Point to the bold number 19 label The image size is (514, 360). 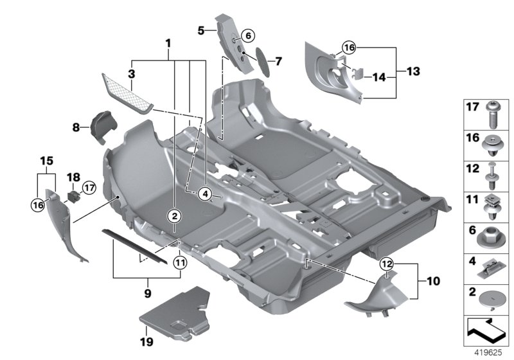tap(146, 335)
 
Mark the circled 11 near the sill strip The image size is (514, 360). tap(180, 262)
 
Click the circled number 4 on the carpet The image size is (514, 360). tap(205, 194)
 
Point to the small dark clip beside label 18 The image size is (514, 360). tap(74, 195)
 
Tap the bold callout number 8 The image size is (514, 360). tap(76, 127)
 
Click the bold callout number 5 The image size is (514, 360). tap(200, 30)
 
